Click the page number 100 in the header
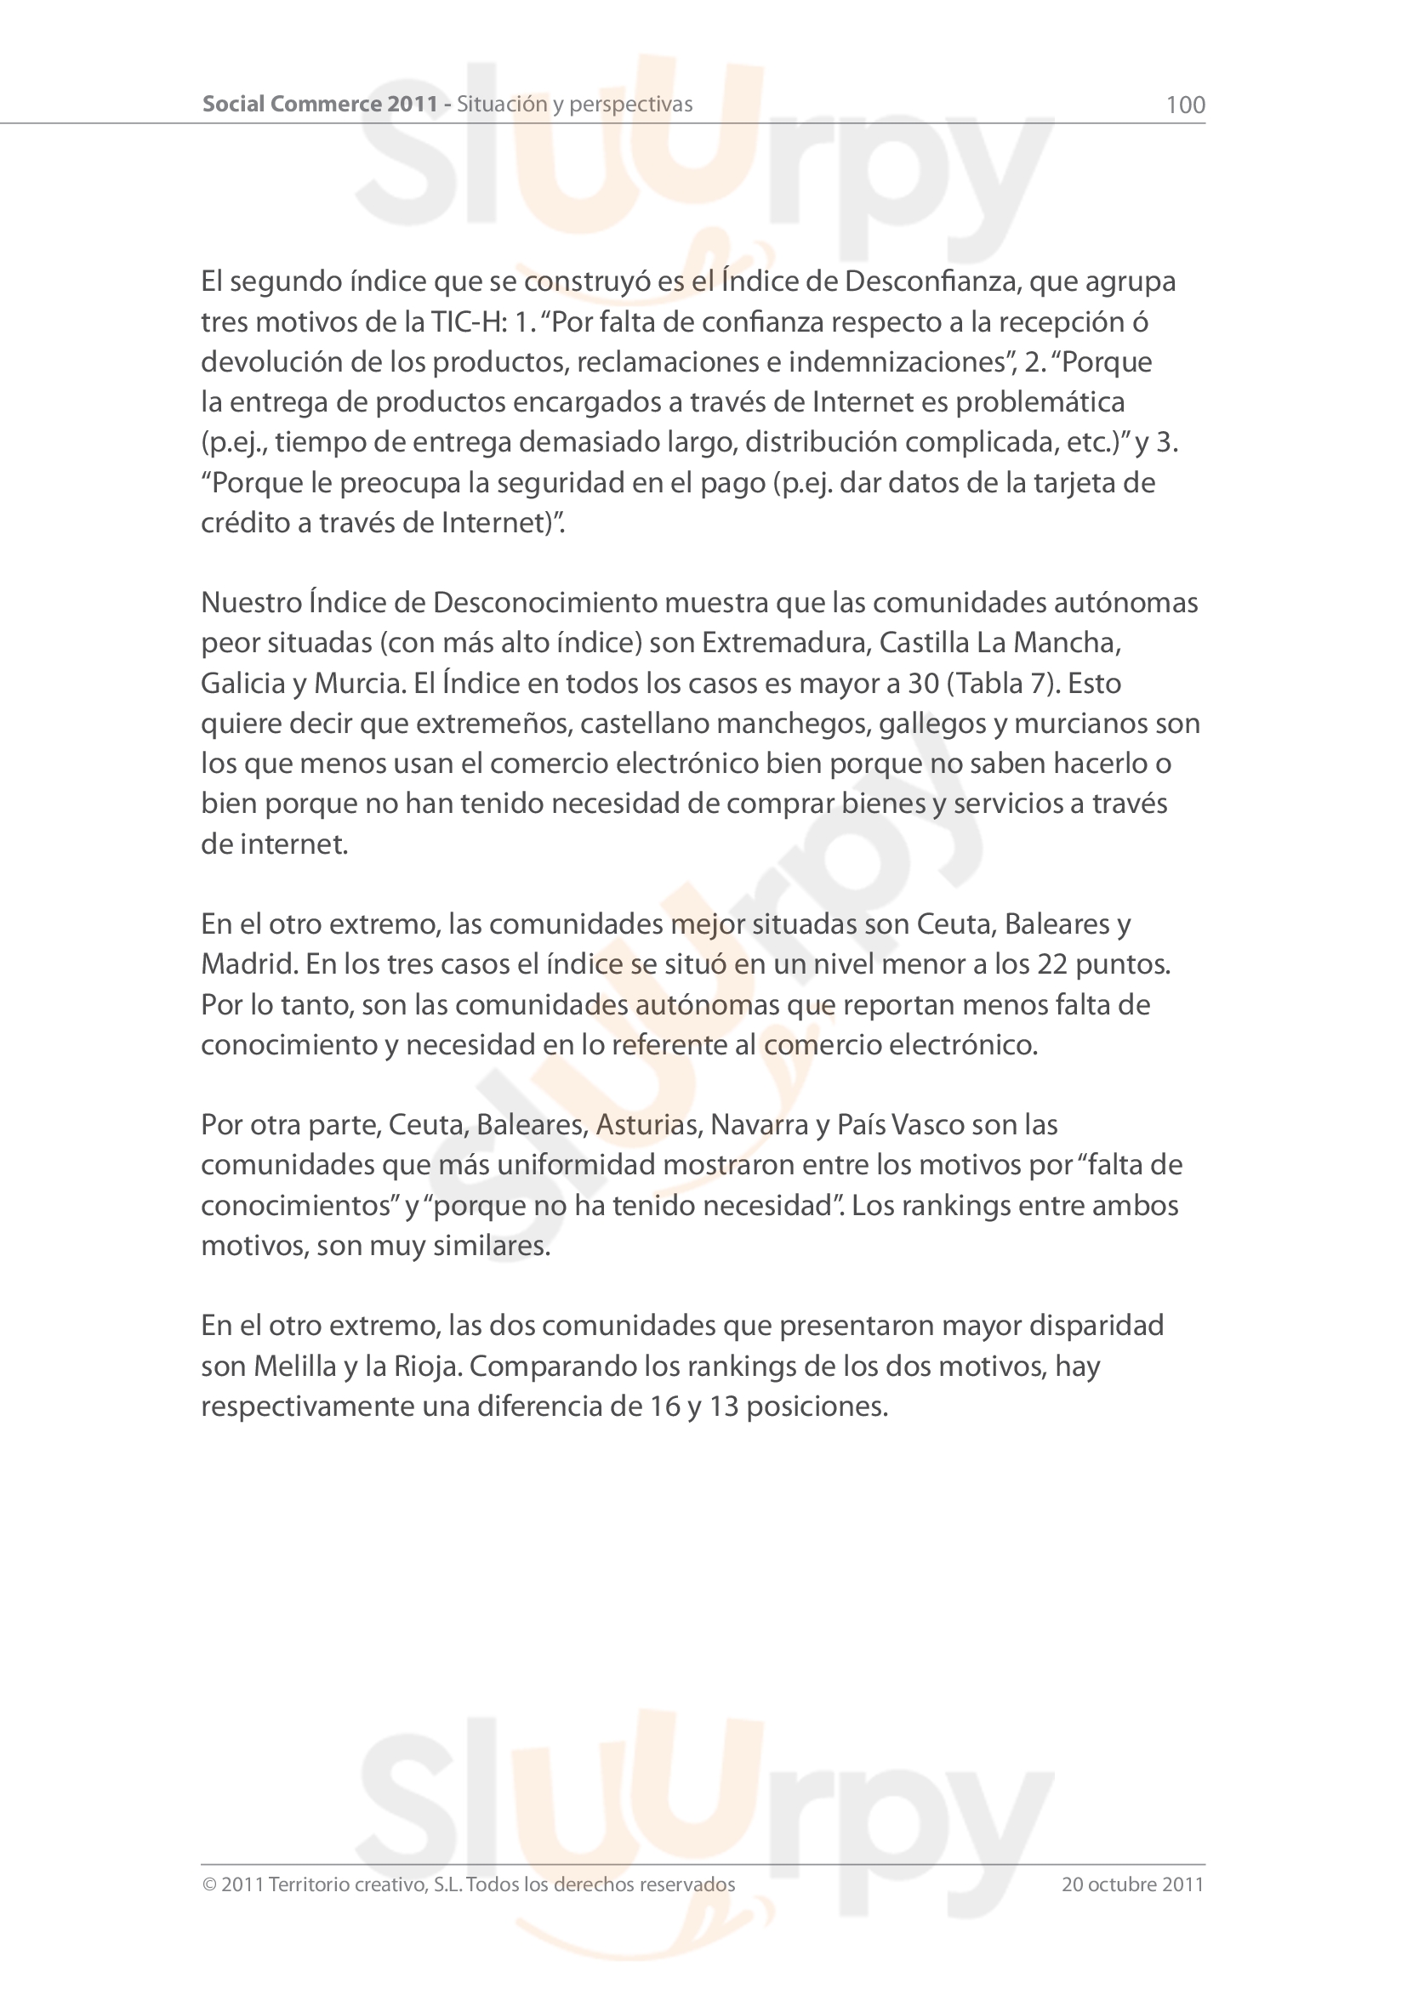(1185, 105)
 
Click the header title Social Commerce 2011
(321, 104)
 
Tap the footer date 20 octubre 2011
(1132, 1884)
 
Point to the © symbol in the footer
(208, 1885)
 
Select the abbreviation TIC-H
(469, 322)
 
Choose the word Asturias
(647, 1124)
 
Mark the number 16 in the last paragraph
(664, 1406)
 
